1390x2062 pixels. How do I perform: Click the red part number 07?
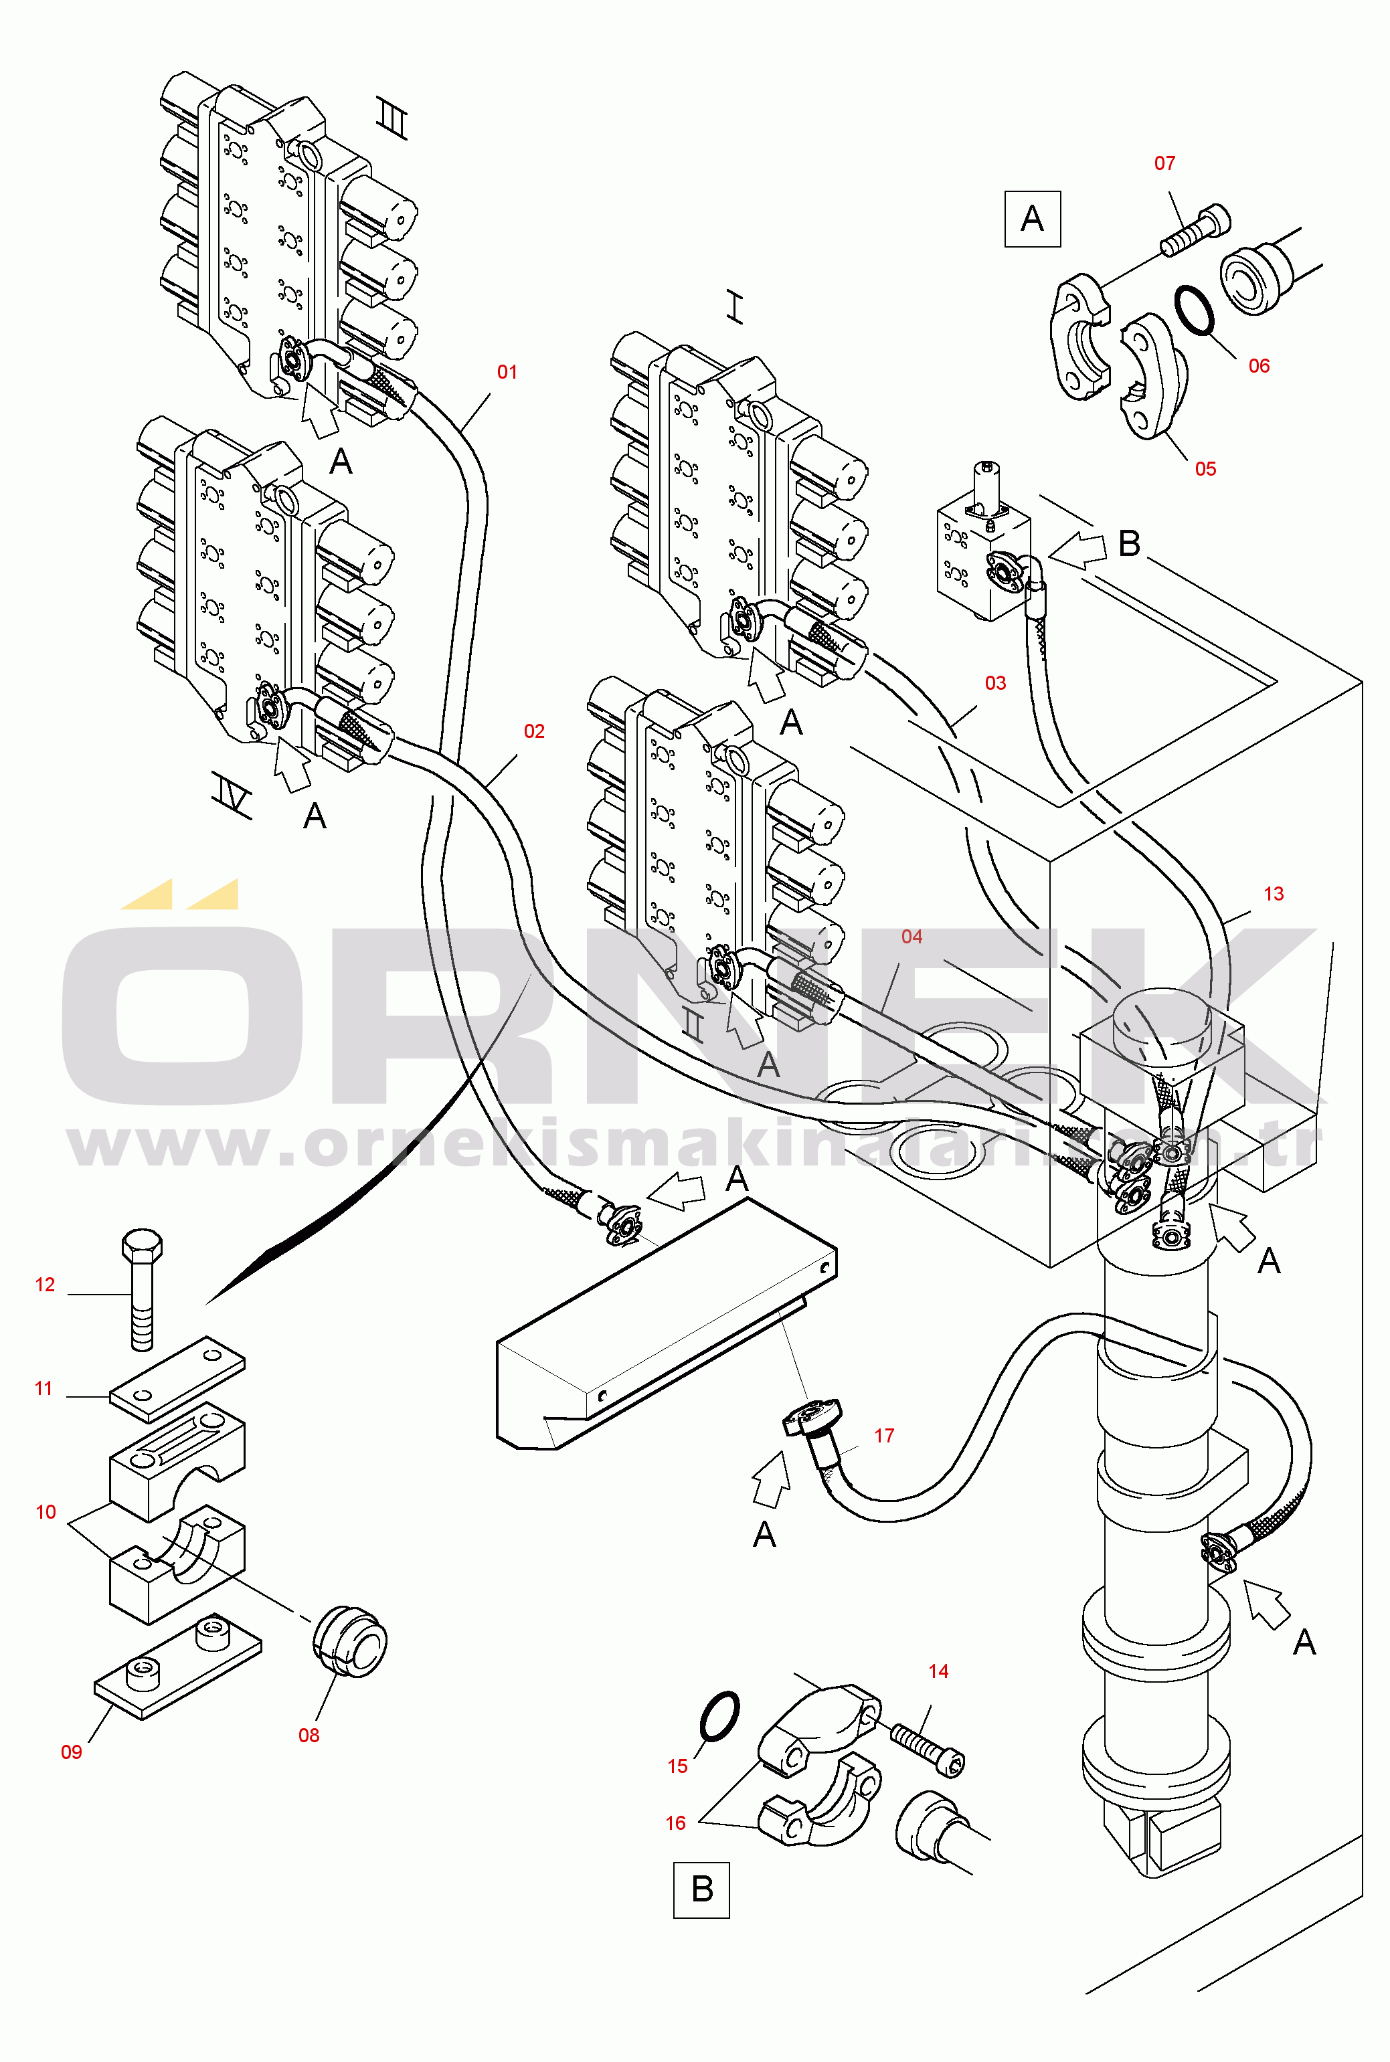(1164, 163)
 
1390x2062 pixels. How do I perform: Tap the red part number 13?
(1273, 893)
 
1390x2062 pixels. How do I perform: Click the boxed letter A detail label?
(1032, 219)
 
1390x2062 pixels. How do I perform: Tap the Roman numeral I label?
(735, 308)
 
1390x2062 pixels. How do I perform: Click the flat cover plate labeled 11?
(177, 1379)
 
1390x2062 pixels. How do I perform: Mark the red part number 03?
(994, 683)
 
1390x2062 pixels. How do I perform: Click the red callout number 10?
(46, 1512)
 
